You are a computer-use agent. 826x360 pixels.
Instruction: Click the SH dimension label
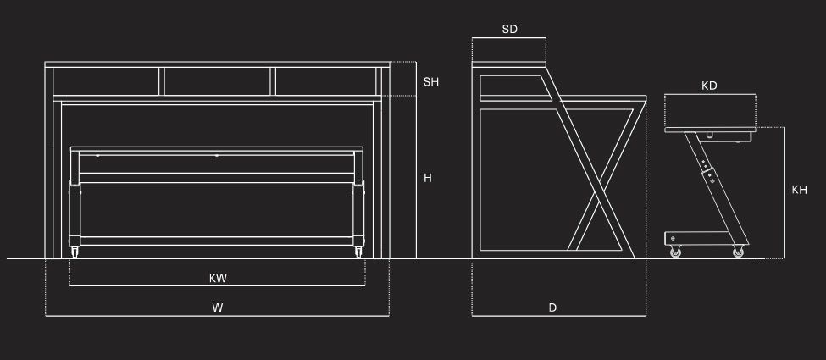pos(431,82)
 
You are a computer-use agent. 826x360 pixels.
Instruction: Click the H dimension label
pos(428,178)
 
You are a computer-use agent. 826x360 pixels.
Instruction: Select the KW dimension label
pos(218,278)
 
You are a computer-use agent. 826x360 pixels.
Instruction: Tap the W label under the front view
pos(218,308)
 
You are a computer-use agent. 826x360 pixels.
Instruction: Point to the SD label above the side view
pos(509,29)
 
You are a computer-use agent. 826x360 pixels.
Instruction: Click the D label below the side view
pos(552,308)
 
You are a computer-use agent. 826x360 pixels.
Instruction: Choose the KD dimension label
pos(709,86)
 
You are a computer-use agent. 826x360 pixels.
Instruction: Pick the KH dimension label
pos(799,190)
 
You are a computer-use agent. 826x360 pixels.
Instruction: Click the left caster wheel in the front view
pos(75,252)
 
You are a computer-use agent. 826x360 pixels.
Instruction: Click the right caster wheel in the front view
pos(358,252)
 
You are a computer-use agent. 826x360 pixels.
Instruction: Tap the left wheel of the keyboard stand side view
pos(675,252)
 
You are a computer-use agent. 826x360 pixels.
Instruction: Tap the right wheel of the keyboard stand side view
pos(738,252)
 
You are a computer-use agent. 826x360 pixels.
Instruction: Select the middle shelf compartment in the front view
pos(218,81)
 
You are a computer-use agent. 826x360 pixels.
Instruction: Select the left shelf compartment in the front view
pos(107,81)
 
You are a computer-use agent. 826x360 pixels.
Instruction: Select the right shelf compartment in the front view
pos(325,81)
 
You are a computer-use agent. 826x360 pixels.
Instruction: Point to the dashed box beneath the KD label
pos(709,110)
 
